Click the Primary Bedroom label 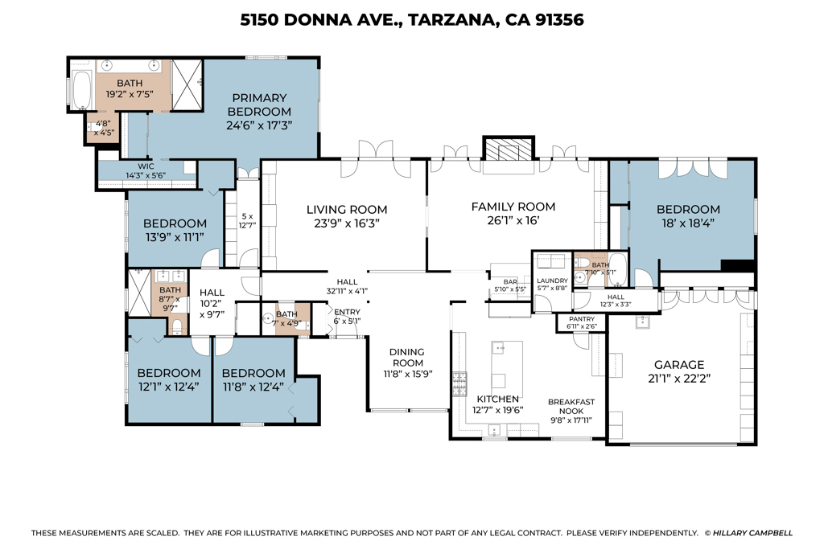click(x=259, y=104)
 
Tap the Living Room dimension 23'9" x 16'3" click(x=347, y=223)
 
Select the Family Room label click(x=513, y=207)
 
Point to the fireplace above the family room click(x=509, y=149)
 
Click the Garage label click(x=679, y=365)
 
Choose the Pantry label click(x=582, y=319)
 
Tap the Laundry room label click(x=552, y=281)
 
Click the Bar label click(x=510, y=282)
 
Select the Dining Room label click(x=407, y=358)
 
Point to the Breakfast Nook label click(x=571, y=406)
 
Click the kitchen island click(x=507, y=364)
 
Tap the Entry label click(x=348, y=312)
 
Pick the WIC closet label click(x=146, y=166)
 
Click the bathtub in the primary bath click(x=81, y=90)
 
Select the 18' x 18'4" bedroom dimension click(x=688, y=223)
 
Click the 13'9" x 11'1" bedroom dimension click(x=175, y=237)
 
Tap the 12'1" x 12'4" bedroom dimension click(x=168, y=387)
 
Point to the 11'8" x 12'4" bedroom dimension click(x=253, y=387)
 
